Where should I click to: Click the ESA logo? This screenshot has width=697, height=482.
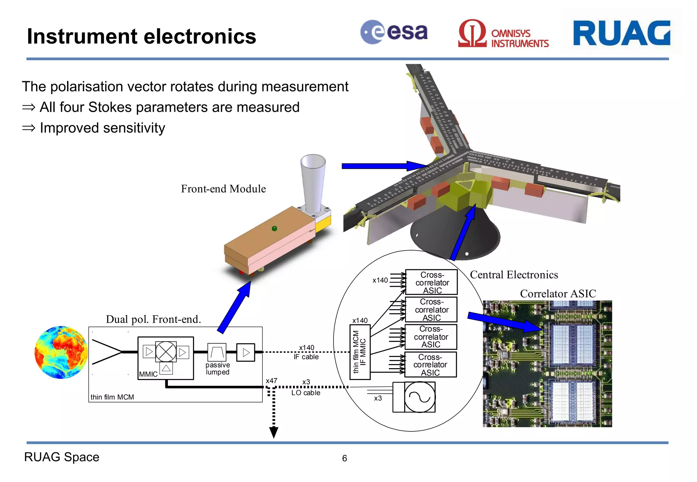[394, 32]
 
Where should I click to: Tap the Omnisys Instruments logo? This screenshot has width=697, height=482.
[503, 34]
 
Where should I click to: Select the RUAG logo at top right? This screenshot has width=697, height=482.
[621, 33]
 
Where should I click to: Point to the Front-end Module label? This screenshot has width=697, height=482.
[223, 189]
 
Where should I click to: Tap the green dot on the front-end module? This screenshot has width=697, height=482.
[275, 228]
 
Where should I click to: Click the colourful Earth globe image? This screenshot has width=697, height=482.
[61, 352]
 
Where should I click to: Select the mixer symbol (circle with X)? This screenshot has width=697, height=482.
[166, 352]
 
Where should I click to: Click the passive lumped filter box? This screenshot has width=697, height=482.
[217, 352]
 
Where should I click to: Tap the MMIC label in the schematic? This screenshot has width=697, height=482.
[148, 374]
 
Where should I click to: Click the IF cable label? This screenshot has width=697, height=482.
[306, 357]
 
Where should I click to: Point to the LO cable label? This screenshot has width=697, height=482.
[306, 393]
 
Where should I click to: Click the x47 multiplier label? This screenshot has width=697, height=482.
[271, 381]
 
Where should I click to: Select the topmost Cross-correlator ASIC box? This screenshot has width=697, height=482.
[432, 282]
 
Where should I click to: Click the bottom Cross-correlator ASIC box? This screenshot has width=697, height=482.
[431, 365]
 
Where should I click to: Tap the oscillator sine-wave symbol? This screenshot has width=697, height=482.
[420, 397]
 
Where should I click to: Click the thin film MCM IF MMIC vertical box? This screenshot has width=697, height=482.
[360, 352]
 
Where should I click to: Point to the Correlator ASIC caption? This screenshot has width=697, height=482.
[558, 294]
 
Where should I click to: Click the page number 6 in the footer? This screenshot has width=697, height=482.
[344, 459]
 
